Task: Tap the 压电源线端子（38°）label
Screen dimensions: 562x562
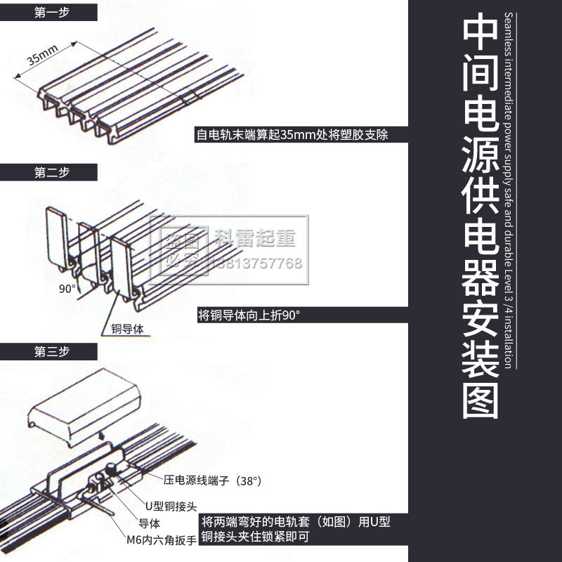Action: pos(212,481)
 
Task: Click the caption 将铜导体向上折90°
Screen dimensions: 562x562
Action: pos(249,315)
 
